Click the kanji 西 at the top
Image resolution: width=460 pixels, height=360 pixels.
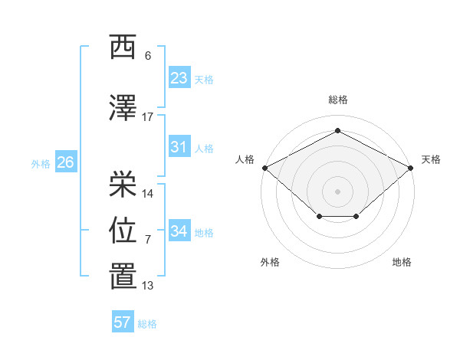tap(123, 47)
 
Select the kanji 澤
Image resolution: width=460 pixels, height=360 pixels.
tap(123, 107)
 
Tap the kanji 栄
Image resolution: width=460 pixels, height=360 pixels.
tap(123, 184)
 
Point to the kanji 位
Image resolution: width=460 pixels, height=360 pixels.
tap(123, 230)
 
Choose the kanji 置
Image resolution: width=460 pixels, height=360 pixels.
tap(123, 276)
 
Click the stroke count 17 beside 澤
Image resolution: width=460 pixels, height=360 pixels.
tap(147, 117)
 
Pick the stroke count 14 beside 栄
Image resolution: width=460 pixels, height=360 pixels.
tap(147, 194)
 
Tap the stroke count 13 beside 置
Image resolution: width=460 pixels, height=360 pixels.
tap(147, 286)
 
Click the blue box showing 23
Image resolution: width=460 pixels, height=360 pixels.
tap(179, 77)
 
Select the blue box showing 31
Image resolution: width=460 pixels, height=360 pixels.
tap(179, 146)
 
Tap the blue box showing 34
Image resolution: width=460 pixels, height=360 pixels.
tap(179, 230)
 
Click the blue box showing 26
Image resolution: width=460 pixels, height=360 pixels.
tap(66, 162)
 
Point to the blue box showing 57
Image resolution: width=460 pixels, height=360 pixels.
tap(123, 321)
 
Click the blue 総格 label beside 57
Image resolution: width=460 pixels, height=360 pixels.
tap(147, 324)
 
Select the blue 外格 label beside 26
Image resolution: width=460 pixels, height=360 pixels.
tap(41, 164)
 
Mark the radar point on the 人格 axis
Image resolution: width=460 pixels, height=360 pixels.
tap(265, 168)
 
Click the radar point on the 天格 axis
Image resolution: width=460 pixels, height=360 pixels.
tap(410, 168)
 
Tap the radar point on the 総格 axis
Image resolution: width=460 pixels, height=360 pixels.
tap(337, 130)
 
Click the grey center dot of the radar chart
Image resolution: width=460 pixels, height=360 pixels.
tap(337, 191)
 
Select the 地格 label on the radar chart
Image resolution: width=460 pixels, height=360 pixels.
tap(402, 262)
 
